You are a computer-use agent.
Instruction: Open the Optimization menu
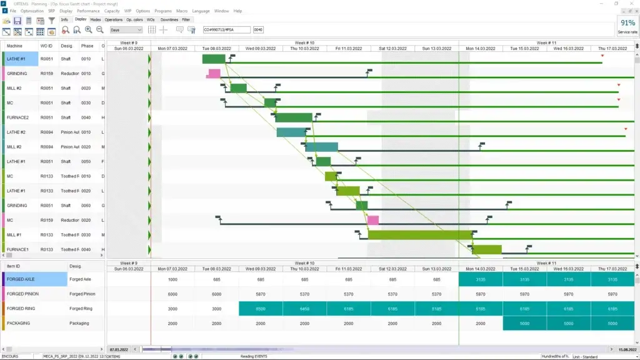click(32, 11)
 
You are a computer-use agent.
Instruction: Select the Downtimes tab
click(169, 20)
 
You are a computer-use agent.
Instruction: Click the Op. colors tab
click(134, 20)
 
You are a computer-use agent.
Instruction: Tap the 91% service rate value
click(627, 23)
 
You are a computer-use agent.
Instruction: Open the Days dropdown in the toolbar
click(126, 29)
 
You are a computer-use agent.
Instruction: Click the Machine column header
click(14, 46)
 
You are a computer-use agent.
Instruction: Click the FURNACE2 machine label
click(18, 117)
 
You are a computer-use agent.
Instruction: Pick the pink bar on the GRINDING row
click(214, 74)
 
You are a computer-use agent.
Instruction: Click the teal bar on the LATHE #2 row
click(291, 132)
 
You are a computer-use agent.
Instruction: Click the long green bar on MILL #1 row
click(419, 234)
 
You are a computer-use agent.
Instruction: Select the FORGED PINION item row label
click(25, 294)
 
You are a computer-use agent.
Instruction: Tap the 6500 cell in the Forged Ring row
click(261, 309)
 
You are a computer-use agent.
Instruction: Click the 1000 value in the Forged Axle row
click(173, 279)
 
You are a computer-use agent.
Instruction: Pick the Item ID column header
click(13, 266)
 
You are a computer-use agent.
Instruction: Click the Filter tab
click(186, 20)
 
